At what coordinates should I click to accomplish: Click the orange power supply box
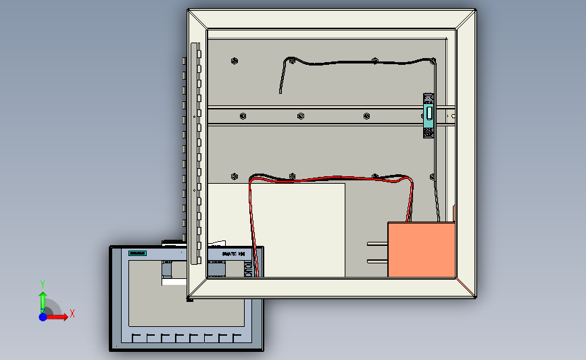[421, 249]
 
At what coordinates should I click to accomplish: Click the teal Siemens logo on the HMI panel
[138, 253]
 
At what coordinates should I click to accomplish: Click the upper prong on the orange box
[377, 243]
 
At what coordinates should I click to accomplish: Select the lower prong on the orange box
[377, 261]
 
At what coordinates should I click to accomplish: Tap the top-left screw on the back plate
[234, 60]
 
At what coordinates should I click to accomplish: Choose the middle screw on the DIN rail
[301, 116]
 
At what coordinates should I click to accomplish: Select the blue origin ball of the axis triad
[43, 317]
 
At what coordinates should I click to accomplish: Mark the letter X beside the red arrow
[72, 313]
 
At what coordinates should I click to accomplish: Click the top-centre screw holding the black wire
[375, 61]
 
